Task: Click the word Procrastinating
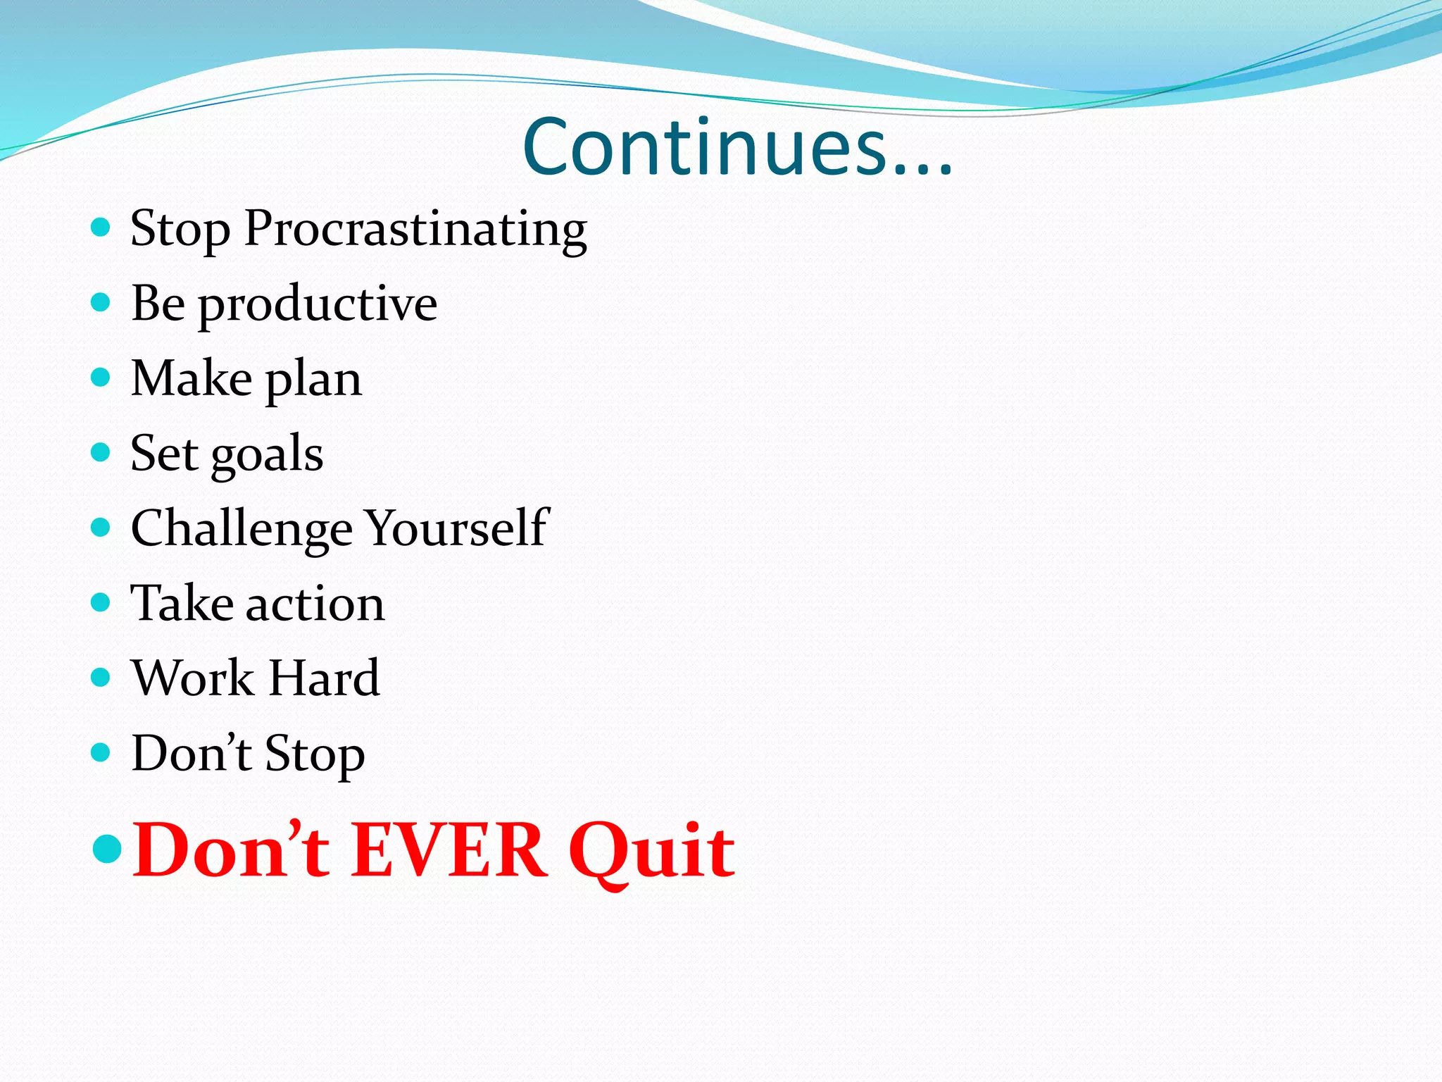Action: [x=415, y=229]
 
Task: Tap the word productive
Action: [x=318, y=304]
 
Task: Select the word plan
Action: [x=314, y=380]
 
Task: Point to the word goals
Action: [x=267, y=454]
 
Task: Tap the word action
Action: [x=315, y=604]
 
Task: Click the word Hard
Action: [x=325, y=678]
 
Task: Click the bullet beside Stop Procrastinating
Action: [x=101, y=227]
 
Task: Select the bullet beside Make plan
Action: [x=101, y=377]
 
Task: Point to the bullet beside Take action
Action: [x=101, y=602]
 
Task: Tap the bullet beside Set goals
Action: [x=101, y=452]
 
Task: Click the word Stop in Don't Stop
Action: [x=315, y=754]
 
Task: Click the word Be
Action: [x=158, y=304]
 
